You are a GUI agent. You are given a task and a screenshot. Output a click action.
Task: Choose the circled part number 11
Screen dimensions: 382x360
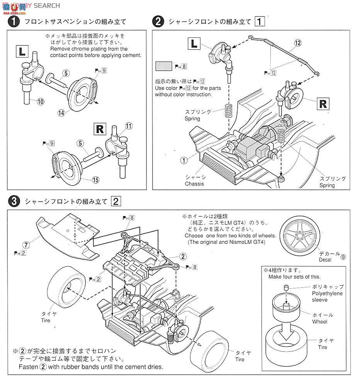[129, 126]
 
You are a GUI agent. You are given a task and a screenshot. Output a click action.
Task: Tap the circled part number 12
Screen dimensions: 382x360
[297, 43]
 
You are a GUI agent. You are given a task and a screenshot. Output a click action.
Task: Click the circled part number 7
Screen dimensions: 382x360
[25, 245]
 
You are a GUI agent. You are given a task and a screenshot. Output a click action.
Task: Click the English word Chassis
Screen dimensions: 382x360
[194, 184]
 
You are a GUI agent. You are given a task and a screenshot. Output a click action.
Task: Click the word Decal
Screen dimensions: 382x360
[325, 260]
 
